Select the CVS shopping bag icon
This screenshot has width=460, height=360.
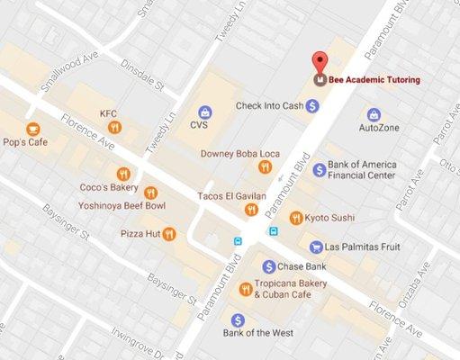tap(206, 112)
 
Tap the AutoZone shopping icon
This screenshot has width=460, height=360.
tap(374, 113)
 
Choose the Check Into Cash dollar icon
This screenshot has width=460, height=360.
tap(312, 105)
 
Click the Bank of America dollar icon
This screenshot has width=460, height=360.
tap(318, 170)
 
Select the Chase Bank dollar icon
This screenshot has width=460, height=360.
tap(268, 266)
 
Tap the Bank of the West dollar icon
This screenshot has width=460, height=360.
tap(238, 319)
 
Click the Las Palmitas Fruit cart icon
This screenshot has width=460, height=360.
tap(316, 247)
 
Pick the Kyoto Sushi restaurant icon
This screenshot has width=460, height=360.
tap(296, 217)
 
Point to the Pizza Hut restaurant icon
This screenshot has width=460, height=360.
tap(168, 234)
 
